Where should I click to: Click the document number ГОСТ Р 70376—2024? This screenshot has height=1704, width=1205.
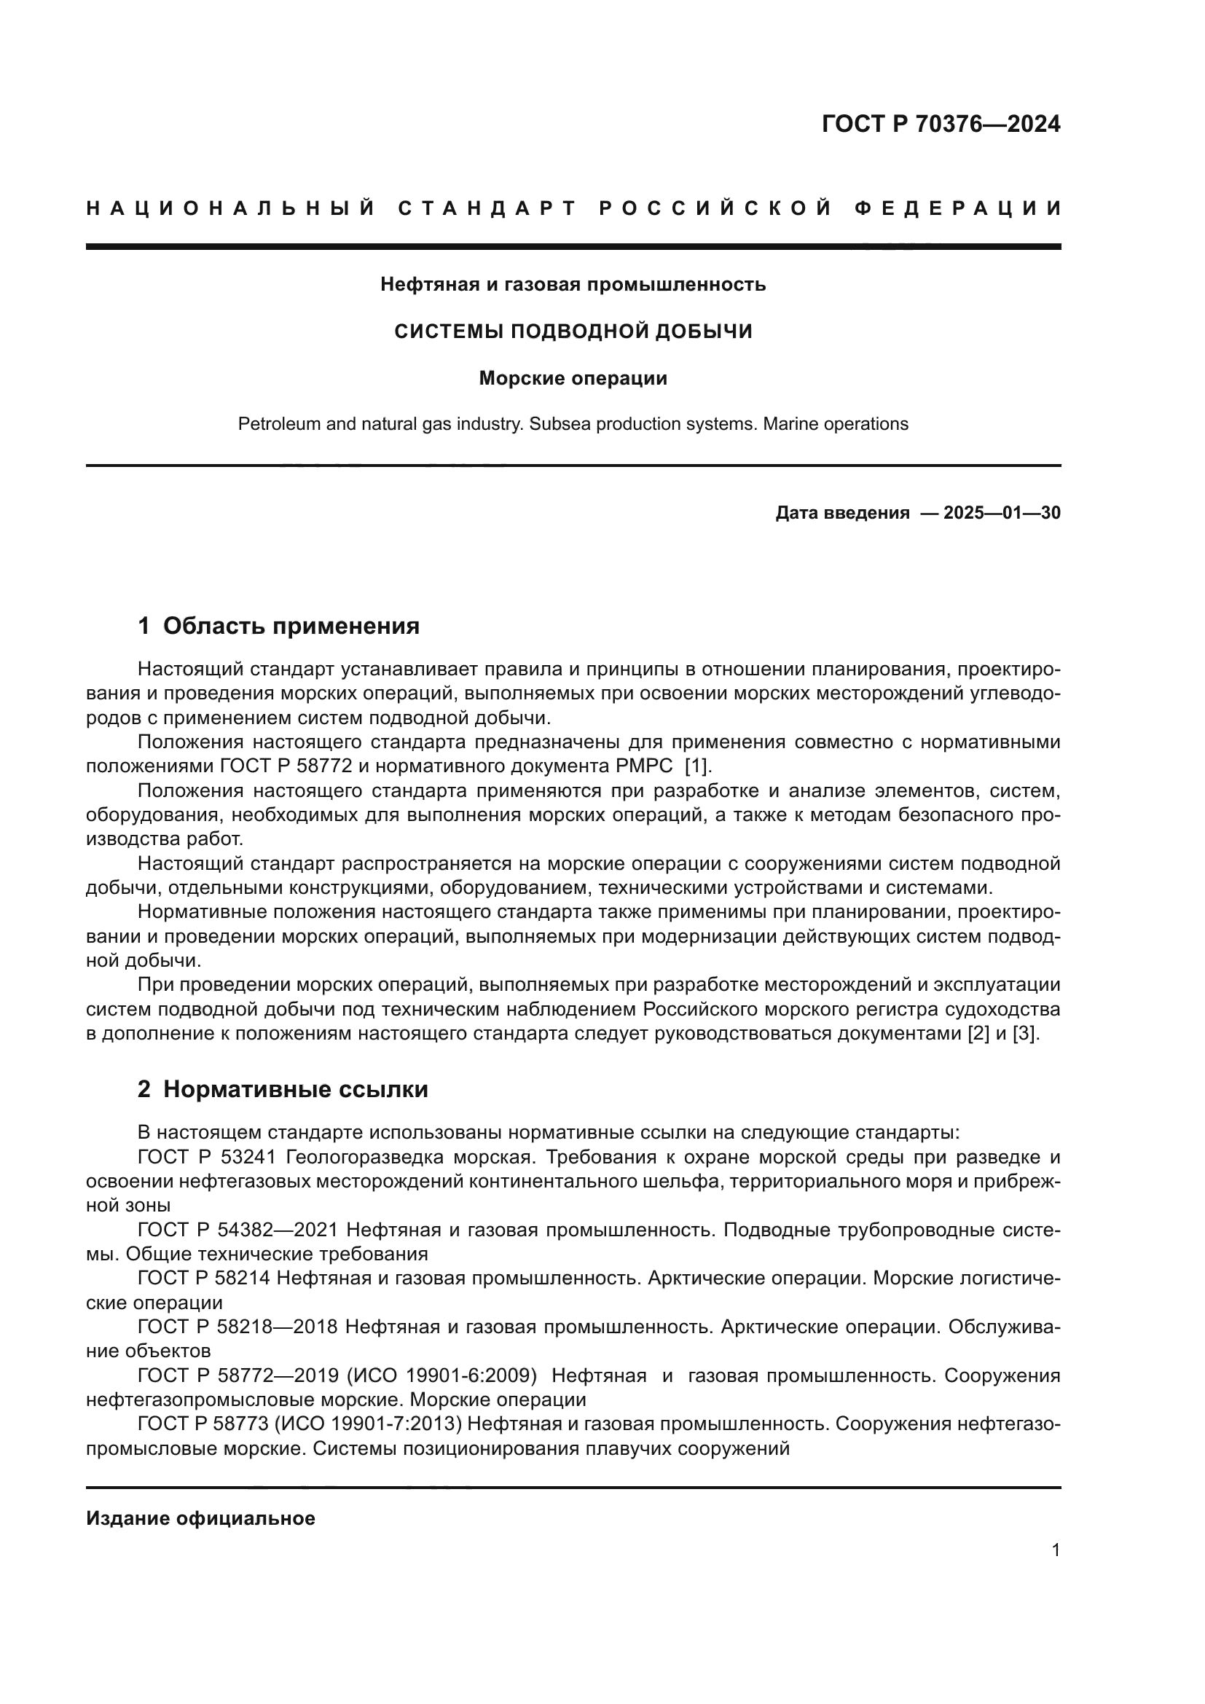(941, 124)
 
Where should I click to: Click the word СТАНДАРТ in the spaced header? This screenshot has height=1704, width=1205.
(487, 208)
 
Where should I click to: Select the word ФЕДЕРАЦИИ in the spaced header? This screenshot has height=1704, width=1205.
(957, 208)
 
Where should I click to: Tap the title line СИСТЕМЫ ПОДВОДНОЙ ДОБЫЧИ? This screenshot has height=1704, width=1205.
(573, 331)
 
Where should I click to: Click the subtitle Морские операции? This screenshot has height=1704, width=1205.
(573, 379)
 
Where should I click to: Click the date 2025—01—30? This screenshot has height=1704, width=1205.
(1002, 513)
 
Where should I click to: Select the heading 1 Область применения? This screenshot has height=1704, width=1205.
(278, 626)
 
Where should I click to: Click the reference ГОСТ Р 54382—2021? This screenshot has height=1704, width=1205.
(238, 1230)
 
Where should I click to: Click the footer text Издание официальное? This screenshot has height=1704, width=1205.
(200, 1518)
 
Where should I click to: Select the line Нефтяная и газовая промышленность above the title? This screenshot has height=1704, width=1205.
(573, 284)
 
